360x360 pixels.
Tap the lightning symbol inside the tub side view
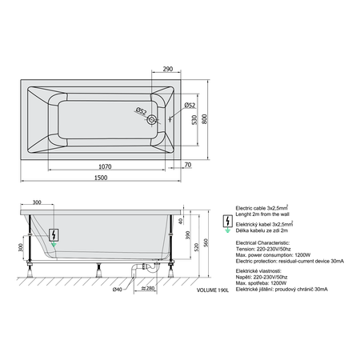(54, 235)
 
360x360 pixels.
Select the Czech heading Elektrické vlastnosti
(258, 273)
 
